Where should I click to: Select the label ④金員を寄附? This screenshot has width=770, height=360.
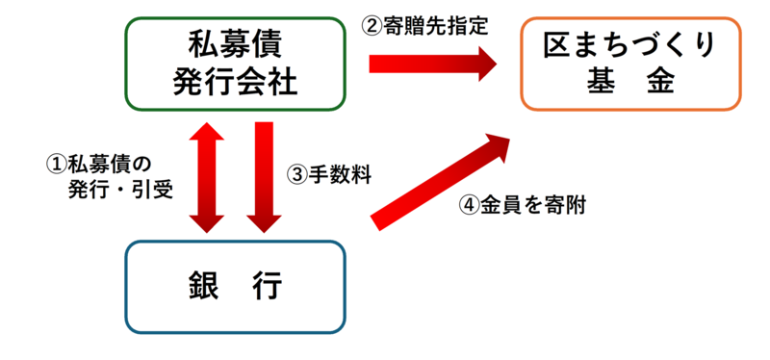521,204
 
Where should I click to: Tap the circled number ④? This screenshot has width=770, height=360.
469,204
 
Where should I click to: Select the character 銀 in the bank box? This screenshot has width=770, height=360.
203,286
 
